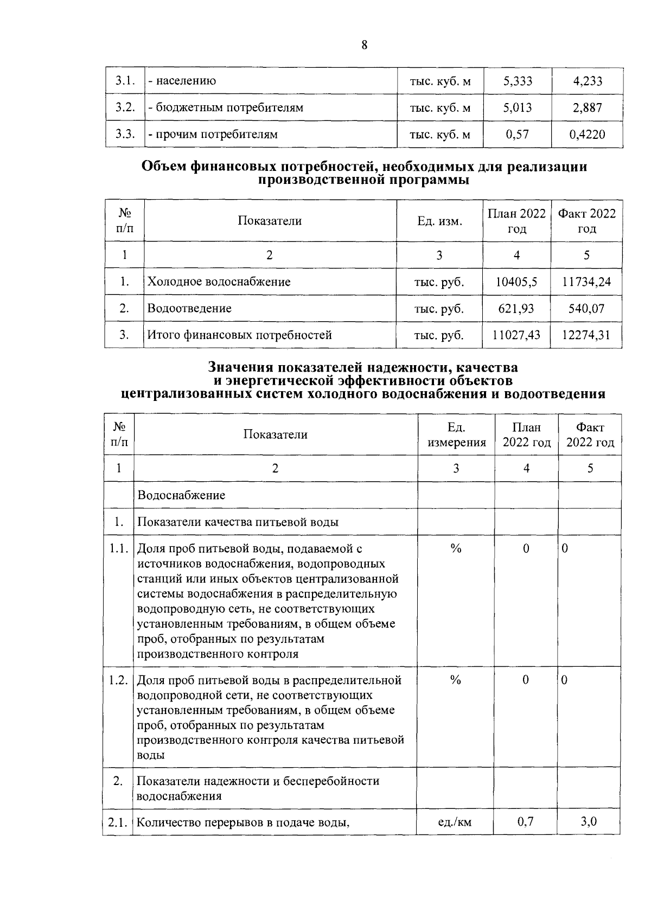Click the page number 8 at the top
[x=364, y=45]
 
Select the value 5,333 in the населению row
[x=518, y=81]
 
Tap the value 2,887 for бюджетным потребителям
[x=587, y=108]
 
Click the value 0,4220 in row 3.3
[x=587, y=135]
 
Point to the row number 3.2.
[x=125, y=107]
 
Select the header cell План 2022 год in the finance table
[x=516, y=221]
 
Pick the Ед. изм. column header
[x=439, y=221]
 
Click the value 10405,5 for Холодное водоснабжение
[x=516, y=282]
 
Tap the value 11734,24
[x=586, y=282]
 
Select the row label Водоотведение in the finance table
[x=189, y=308]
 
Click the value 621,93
[x=516, y=308]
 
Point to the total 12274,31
[x=586, y=335]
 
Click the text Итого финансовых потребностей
[x=240, y=335]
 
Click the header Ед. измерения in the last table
[x=456, y=435]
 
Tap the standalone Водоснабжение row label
[x=181, y=495]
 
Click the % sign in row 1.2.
[x=455, y=680]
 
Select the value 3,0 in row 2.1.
[x=589, y=821]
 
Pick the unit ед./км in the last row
[x=455, y=822]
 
